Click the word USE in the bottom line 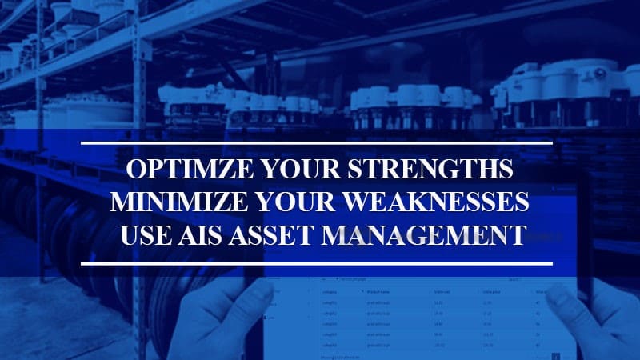click(143, 234)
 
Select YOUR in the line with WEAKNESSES click(292, 203)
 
